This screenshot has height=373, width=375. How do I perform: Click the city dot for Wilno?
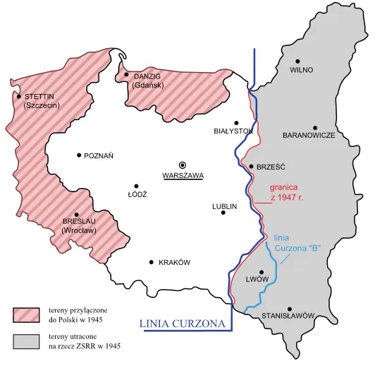coord(298,61)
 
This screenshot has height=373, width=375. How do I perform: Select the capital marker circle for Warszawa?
coord(183,163)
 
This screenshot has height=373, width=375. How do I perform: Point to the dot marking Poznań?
coord(78,155)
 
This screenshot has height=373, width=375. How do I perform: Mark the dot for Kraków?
coord(152,262)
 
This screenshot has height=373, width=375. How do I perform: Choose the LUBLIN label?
coord(224,206)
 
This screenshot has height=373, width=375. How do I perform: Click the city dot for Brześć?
coord(251,167)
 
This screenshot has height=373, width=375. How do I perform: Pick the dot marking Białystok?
coord(237,123)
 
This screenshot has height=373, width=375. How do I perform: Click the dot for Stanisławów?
coord(290,309)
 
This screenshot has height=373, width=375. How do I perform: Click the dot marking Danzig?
coord(126,74)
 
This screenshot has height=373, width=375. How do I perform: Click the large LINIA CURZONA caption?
coord(185,324)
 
